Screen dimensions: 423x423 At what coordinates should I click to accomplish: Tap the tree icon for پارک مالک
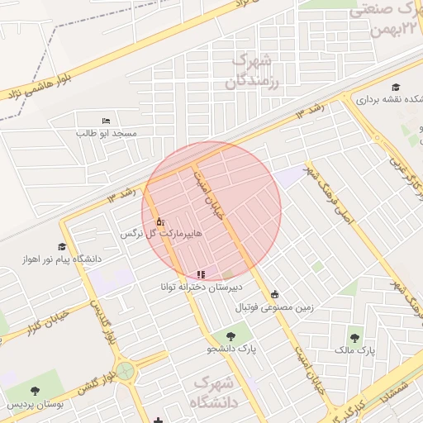click(355, 337)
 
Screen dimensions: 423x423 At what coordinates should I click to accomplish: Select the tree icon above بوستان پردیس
click(34, 390)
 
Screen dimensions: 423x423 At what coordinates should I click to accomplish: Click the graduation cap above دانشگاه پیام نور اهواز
click(62, 246)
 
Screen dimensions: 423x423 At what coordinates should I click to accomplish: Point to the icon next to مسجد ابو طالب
click(104, 121)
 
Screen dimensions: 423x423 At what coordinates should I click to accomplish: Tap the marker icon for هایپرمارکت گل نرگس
click(159, 221)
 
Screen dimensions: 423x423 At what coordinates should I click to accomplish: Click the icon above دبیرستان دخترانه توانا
click(200, 274)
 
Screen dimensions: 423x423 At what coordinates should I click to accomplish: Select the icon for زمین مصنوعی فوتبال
click(274, 294)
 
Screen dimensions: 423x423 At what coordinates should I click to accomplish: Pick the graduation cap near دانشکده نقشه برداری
click(396, 87)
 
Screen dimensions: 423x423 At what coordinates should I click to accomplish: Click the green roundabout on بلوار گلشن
click(125, 372)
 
